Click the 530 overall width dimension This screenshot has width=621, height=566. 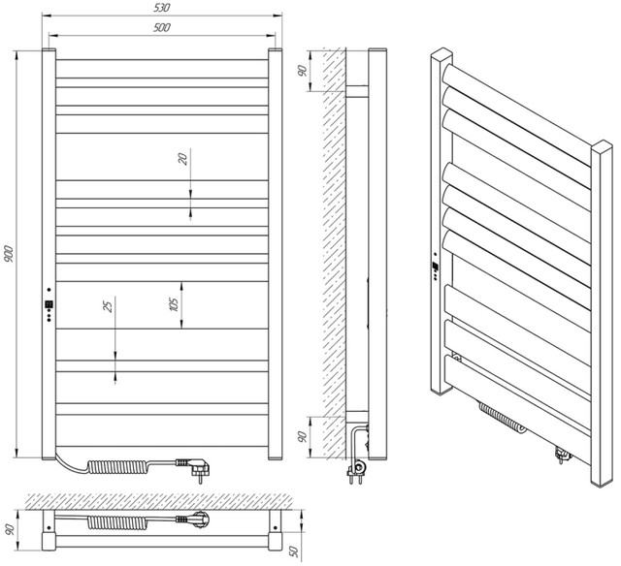(162, 8)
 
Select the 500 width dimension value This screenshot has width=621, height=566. (162, 27)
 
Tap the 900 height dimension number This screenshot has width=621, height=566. (9, 254)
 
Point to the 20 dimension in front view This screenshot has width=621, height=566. (183, 159)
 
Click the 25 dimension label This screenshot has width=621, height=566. (108, 305)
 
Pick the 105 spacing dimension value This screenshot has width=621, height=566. (174, 304)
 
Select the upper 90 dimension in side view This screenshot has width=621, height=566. (303, 71)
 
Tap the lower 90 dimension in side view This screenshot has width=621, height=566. (303, 437)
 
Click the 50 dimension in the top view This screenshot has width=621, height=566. (295, 550)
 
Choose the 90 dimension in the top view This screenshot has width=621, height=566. (10, 529)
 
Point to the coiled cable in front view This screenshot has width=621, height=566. (118, 467)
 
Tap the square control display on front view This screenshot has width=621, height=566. (49, 304)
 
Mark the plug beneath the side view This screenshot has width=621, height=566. (357, 472)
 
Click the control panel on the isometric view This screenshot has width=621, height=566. (436, 267)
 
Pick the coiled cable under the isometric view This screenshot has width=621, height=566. (503, 418)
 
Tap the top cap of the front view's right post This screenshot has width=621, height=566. (276, 50)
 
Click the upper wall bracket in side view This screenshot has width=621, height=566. (357, 91)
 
